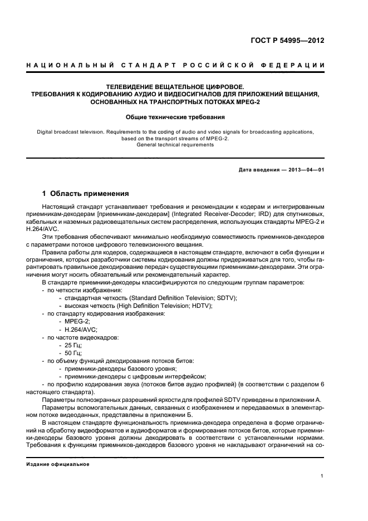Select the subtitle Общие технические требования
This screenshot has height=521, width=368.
click(x=175, y=117)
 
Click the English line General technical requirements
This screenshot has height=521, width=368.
click(x=175, y=145)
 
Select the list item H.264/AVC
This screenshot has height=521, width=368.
click(x=81, y=330)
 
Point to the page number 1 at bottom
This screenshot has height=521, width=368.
click(x=322, y=476)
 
